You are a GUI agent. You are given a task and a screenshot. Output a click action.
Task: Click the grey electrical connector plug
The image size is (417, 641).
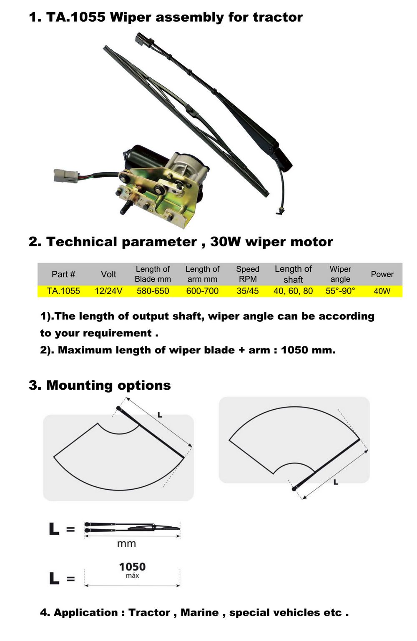click(x=66, y=176)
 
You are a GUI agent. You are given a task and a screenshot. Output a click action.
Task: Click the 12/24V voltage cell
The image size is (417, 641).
click(x=108, y=291)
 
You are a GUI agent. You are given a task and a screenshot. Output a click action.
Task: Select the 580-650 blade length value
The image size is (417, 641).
click(x=153, y=291)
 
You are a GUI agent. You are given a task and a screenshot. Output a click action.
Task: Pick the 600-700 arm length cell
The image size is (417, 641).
click(x=202, y=291)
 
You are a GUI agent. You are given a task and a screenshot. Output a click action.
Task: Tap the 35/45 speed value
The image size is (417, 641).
click(x=247, y=291)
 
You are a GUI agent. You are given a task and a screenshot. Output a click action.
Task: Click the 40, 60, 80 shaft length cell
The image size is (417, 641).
click(x=293, y=291)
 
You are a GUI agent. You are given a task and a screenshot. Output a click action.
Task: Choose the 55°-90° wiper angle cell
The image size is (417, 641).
click(x=340, y=291)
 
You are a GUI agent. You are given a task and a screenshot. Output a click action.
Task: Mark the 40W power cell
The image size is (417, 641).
click(x=382, y=291)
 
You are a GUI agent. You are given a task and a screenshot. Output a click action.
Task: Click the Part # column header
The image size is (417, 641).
click(x=63, y=274)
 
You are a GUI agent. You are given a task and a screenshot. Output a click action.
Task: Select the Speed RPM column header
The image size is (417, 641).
click(x=248, y=274)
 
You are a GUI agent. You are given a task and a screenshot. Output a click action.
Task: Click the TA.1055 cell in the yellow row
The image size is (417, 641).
click(x=63, y=291)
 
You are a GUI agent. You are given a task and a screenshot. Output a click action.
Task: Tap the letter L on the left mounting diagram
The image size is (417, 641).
click(x=160, y=415)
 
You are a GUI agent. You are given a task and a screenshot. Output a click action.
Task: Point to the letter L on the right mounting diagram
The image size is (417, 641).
click(x=336, y=483)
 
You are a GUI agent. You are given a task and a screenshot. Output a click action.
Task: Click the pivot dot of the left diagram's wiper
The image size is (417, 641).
click(x=118, y=408)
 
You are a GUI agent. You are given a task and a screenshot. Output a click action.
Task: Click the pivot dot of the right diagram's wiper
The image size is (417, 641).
click(x=294, y=489)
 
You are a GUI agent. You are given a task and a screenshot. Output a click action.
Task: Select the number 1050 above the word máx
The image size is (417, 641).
click(x=132, y=567)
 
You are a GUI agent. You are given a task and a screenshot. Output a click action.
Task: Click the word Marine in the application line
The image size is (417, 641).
click(x=200, y=613)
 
